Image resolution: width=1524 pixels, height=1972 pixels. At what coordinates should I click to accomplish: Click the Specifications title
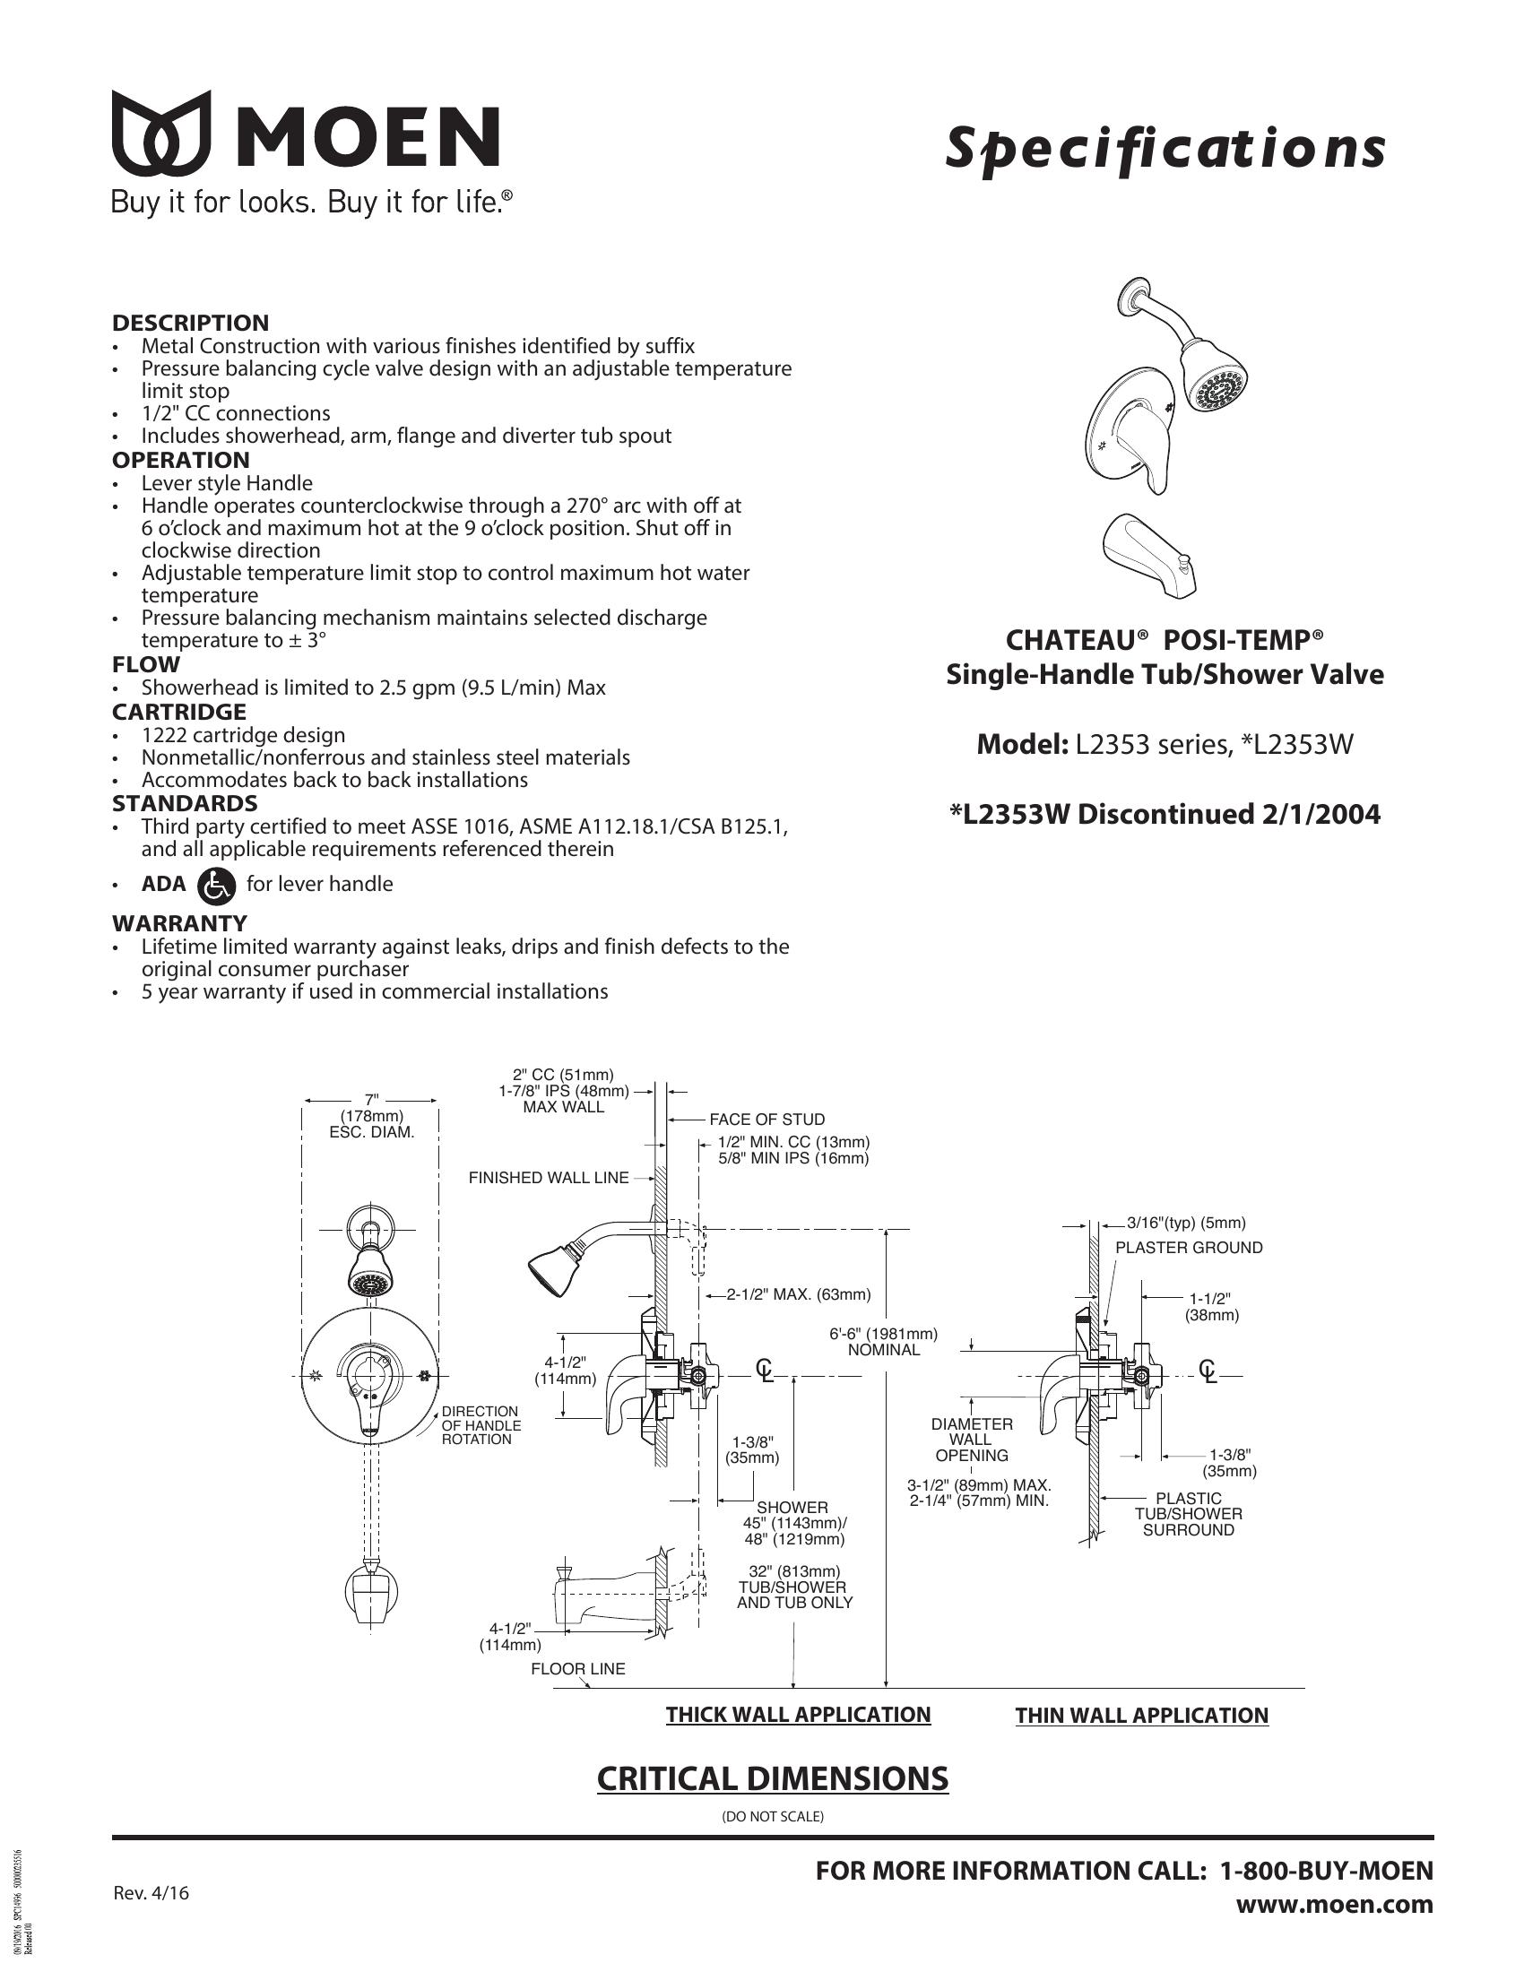pos(1165,148)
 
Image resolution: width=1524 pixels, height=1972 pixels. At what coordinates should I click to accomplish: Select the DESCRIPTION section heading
pos(190,323)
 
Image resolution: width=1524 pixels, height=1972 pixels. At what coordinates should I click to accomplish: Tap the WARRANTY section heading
pos(178,922)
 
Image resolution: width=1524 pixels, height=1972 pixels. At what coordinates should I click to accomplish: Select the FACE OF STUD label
pos(766,1120)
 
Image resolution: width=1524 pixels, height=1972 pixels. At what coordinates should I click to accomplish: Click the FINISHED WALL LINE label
pos(548,1178)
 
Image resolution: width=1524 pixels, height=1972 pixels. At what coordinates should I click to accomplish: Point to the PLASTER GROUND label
pos(1188,1248)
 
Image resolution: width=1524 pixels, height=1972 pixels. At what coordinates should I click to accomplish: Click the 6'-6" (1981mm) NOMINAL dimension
pos(883,1342)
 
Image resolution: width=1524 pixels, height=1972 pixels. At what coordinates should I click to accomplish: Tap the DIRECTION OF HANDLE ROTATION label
pos(481,1425)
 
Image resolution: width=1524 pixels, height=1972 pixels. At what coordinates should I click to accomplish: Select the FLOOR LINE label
pos(578,1669)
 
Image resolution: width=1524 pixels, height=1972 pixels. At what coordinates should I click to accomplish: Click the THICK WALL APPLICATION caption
pos(798,1715)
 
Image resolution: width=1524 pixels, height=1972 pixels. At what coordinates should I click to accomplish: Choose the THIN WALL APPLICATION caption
pos(1141,1716)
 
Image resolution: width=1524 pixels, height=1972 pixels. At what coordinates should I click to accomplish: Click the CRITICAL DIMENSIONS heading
pos(773,1777)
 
